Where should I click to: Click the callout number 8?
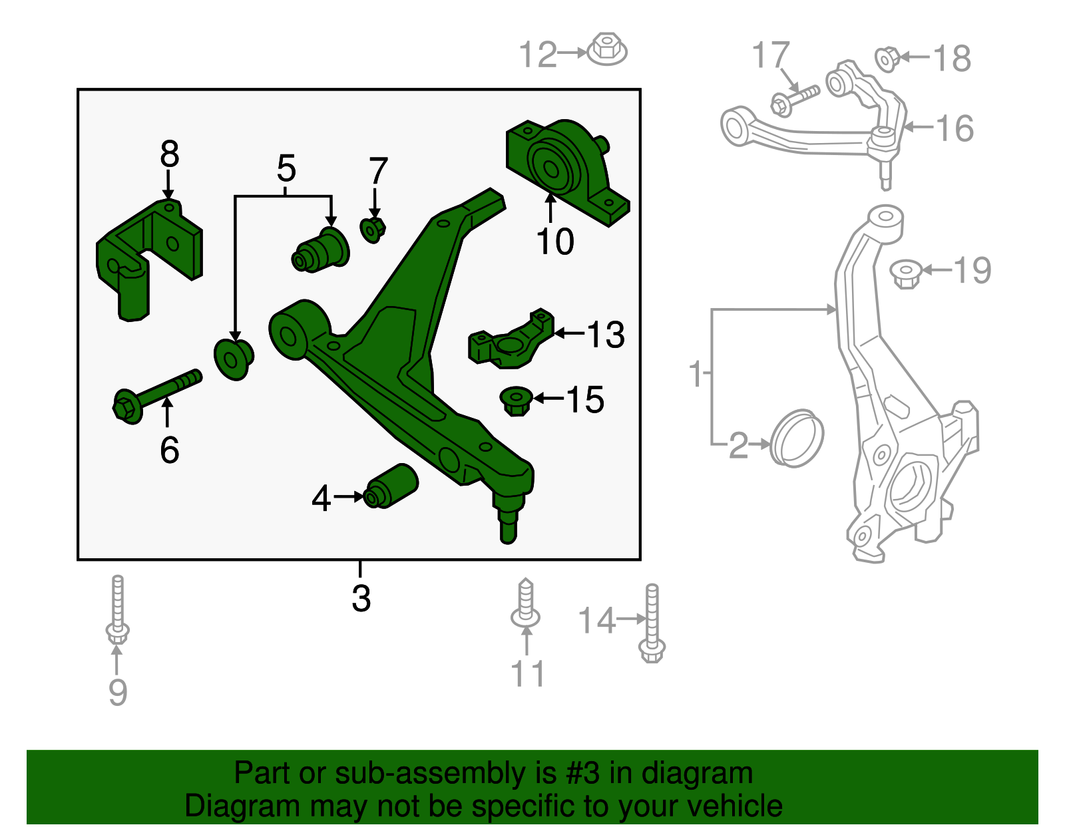pos(169,155)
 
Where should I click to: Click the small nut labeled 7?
pos(373,230)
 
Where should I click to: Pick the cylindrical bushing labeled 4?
pos(393,486)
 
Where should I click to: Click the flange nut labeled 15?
pos(516,401)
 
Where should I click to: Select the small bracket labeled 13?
pos(511,341)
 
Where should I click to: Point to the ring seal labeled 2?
pos(797,438)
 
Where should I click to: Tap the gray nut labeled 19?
pos(906,273)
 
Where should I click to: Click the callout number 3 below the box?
pos(361,598)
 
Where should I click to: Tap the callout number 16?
pos(955,128)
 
